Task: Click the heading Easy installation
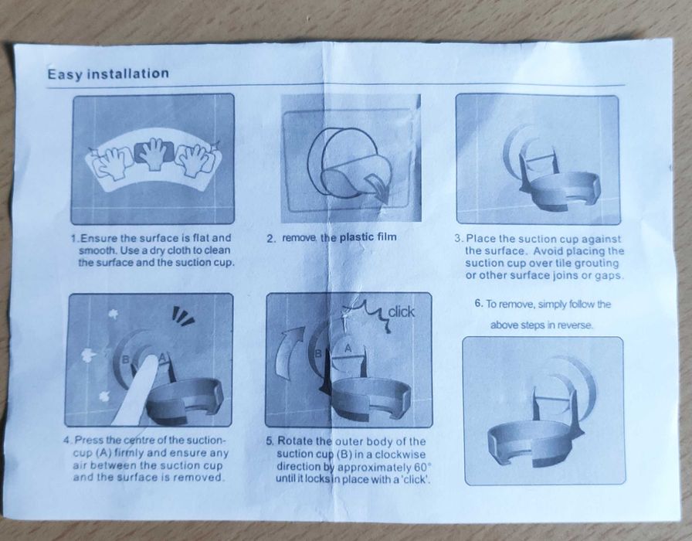[x=108, y=73]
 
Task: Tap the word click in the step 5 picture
[x=401, y=311]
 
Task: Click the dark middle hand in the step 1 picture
[x=154, y=154]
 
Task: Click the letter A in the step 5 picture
[x=348, y=349]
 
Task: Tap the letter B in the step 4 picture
[x=125, y=360]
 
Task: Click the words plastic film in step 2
[x=368, y=237]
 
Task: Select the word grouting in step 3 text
[x=595, y=264]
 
